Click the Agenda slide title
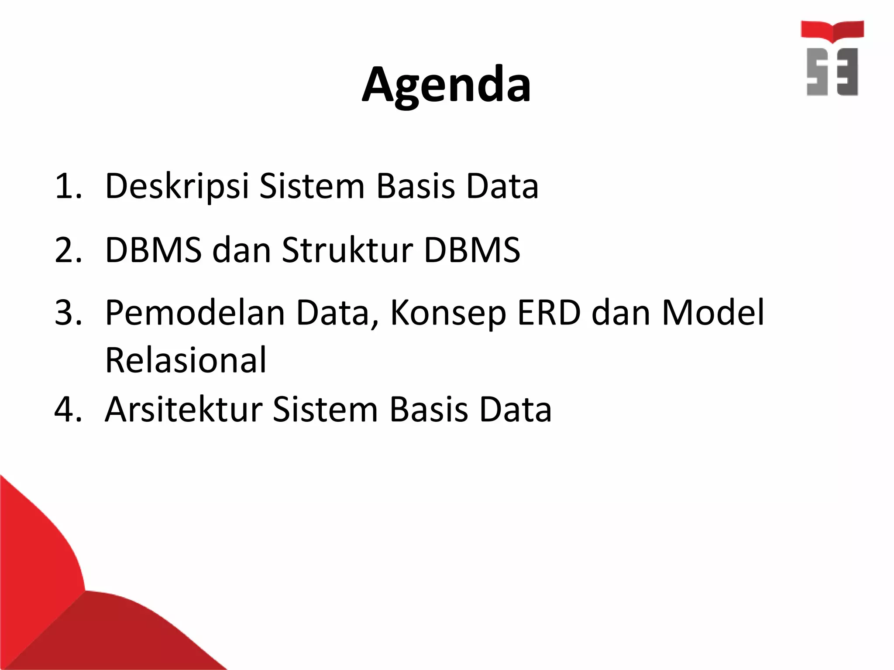(x=446, y=85)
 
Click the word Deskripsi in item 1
(x=177, y=187)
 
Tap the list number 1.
(x=68, y=187)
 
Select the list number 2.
(x=68, y=251)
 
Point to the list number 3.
(x=68, y=313)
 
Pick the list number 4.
(x=68, y=410)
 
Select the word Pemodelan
(x=195, y=313)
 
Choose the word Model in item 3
(x=713, y=313)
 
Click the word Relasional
(x=186, y=361)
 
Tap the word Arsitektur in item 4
(x=184, y=410)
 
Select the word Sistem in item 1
(x=312, y=187)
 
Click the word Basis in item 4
(x=428, y=410)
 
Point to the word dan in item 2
(x=242, y=251)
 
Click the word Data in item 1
(x=502, y=187)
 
